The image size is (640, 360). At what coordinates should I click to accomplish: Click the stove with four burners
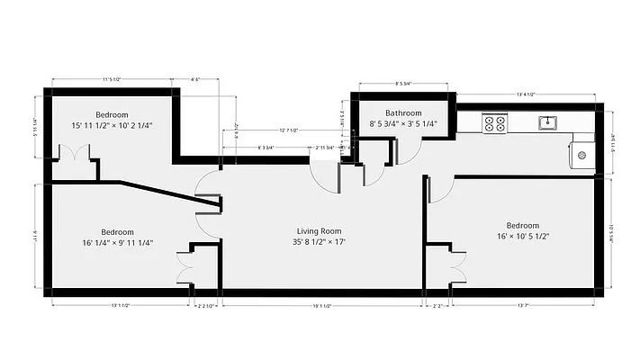[x=494, y=122]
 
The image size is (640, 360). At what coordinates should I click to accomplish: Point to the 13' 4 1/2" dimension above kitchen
[x=527, y=94]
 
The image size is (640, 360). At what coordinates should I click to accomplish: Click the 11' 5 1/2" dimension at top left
[x=112, y=80]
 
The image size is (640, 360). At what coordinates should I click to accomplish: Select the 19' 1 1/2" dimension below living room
[x=322, y=307]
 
